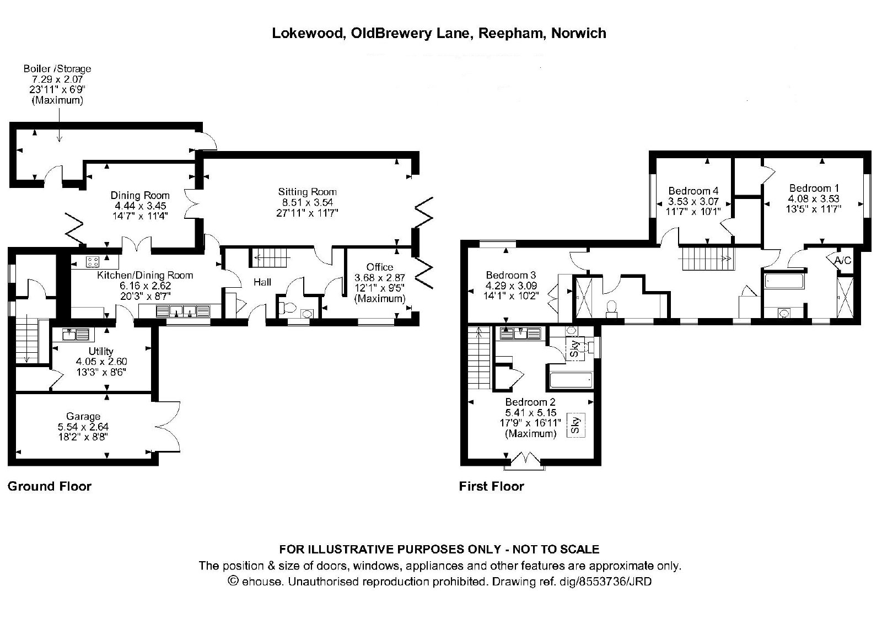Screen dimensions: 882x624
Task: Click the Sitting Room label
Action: coord(307,192)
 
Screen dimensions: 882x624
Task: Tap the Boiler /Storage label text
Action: coord(57,68)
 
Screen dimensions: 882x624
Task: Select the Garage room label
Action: coord(83,416)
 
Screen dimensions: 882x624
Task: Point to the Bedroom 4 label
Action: coord(693,191)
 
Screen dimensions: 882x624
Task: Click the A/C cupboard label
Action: coord(843,260)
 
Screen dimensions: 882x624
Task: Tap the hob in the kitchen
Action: coord(93,262)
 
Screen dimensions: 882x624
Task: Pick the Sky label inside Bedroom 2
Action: coord(576,425)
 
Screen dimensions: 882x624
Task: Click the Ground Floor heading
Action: coord(50,486)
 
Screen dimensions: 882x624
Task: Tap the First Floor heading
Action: coord(491,486)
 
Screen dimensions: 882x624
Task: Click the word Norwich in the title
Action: coord(578,33)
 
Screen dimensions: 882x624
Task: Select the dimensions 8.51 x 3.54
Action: coord(307,202)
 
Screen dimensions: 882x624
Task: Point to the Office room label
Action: coord(380,267)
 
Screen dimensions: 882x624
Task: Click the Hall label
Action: coord(262,282)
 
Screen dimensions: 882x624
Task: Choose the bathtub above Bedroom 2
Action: coord(571,380)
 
